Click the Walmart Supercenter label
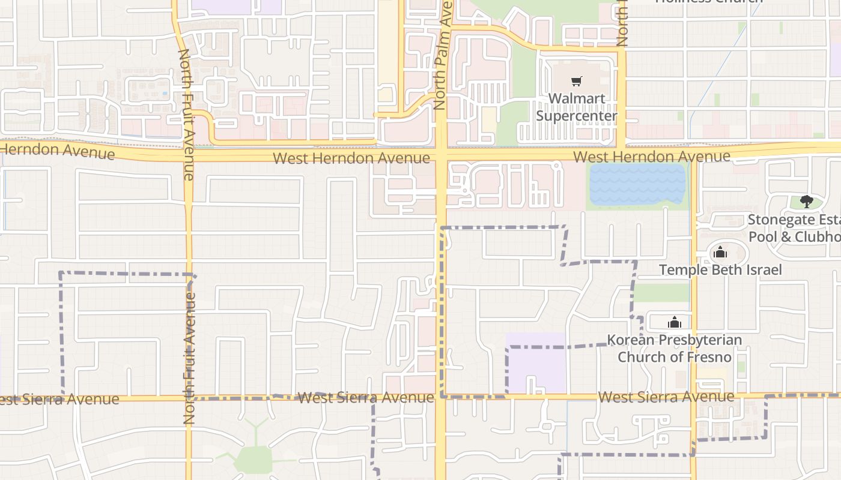[576, 107]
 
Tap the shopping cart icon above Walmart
[577, 81]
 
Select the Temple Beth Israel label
[720, 270]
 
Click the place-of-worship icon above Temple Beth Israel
[720, 253]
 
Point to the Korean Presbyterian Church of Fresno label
[675, 349]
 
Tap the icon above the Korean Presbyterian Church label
[675, 323]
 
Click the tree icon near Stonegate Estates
[806, 202]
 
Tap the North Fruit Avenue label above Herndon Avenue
[186, 114]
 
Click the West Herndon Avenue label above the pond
[652, 157]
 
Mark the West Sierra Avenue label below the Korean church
[666, 397]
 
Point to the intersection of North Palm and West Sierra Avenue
[441, 397]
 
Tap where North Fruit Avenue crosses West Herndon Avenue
[187, 155]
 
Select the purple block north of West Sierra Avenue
[536, 363]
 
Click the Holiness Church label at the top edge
[708, 2]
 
